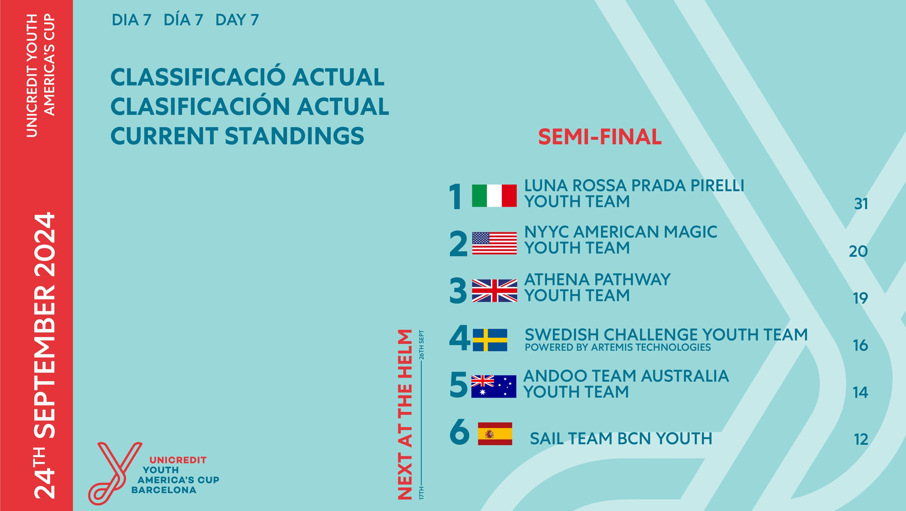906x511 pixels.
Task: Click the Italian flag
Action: pyautogui.click(x=494, y=196)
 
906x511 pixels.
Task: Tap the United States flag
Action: pyautogui.click(x=494, y=243)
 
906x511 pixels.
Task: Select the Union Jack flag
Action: pyautogui.click(x=494, y=291)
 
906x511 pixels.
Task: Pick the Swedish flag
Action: pyautogui.click(x=490, y=340)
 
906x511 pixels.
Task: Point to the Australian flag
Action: pyautogui.click(x=494, y=386)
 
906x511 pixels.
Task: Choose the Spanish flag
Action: pyautogui.click(x=495, y=434)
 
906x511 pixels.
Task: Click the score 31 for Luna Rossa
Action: pyautogui.click(x=861, y=204)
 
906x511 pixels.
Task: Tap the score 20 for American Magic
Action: pyautogui.click(x=858, y=251)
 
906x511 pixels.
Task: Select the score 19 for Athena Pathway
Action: pyautogui.click(x=860, y=298)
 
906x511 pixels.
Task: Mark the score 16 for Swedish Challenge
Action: pyautogui.click(x=860, y=345)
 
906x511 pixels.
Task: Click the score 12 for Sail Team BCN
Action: pyautogui.click(x=861, y=439)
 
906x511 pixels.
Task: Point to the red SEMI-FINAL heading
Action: pyautogui.click(x=600, y=137)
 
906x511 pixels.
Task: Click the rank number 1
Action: pyautogui.click(x=456, y=197)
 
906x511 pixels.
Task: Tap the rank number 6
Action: pyautogui.click(x=460, y=432)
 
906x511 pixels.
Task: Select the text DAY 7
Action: pyautogui.click(x=237, y=20)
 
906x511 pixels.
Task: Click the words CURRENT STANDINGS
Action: pyautogui.click(x=237, y=136)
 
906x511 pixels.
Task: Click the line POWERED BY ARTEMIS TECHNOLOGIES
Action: pyautogui.click(x=618, y=348)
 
